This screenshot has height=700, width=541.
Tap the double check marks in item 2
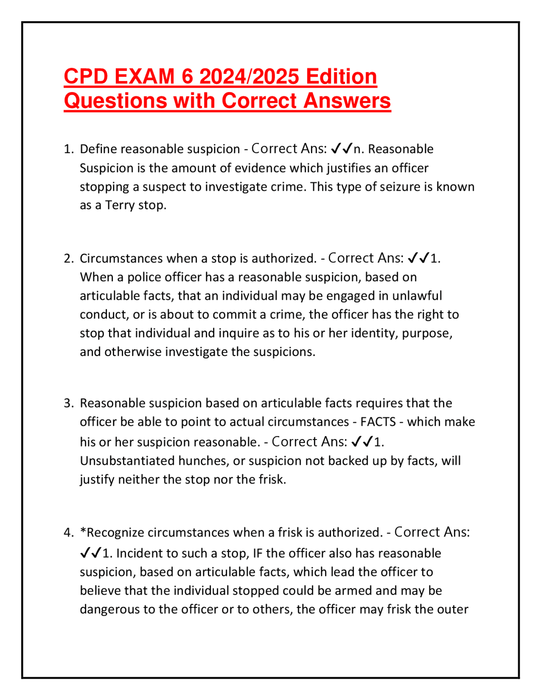click(x=418, y=258)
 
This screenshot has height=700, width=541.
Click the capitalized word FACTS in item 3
click(x=378, y=422)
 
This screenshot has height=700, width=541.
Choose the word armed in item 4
click(x=377, y=591)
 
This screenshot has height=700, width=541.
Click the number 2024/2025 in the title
click(x=249, y=77)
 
